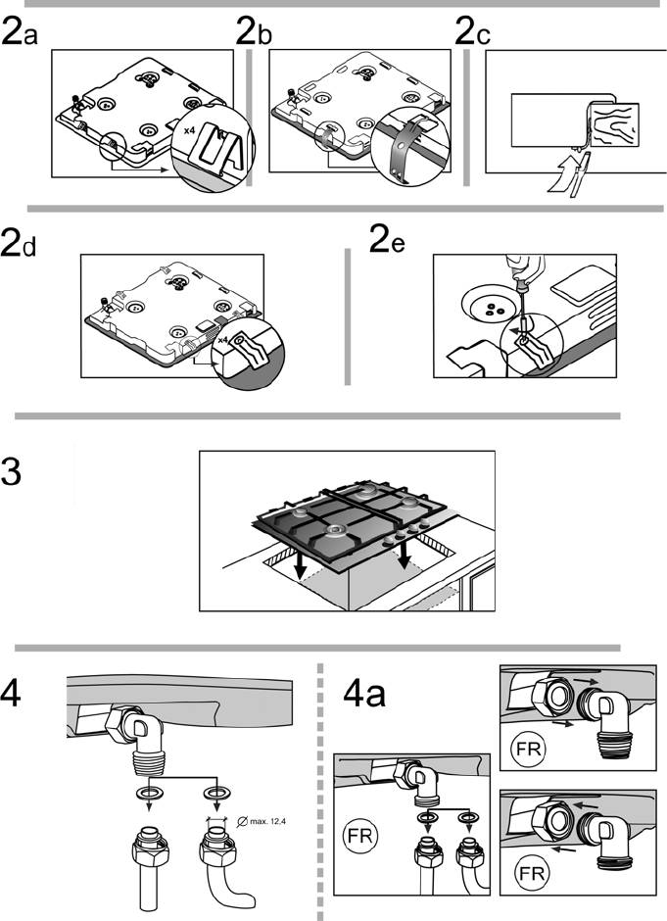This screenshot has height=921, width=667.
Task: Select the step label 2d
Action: point(20,243)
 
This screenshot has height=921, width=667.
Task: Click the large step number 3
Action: point(13,476)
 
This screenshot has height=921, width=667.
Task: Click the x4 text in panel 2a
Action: point(189,128)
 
